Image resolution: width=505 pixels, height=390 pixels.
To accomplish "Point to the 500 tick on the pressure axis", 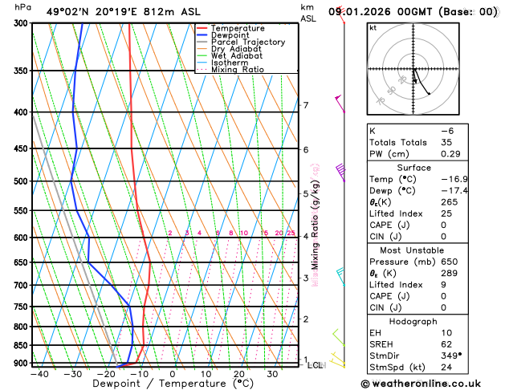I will point(19,181).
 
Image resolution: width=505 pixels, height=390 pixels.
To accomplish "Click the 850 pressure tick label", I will point(19,345).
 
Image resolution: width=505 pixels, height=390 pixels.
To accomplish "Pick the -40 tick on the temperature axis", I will point(39,374).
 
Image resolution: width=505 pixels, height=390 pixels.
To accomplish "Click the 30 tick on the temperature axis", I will point(272,374).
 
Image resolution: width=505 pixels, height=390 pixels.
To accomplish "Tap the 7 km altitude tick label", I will point(305,105).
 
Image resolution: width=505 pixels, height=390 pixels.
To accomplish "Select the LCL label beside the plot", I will point(315,365).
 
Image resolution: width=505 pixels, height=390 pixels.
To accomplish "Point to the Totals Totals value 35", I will point(446,142).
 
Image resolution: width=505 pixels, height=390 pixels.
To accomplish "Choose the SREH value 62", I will point(446,344).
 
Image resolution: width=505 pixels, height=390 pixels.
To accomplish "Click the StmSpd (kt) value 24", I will point(446,367).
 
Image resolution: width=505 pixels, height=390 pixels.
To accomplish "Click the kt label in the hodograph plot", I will point(373,28).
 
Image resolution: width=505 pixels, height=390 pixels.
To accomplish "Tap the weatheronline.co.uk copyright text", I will point(430,383).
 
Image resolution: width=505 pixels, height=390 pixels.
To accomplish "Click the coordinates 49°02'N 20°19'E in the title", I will point(95,12).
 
